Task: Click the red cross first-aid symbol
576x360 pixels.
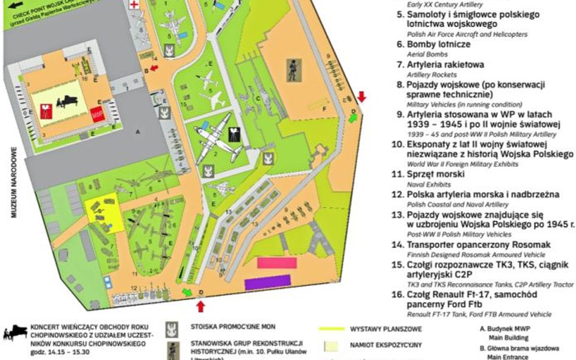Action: pyautogui.click(x=134, y=4)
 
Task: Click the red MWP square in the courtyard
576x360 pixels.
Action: pyautogui.click(x=96, y=114)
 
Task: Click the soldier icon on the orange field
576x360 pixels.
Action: pyautogui.click(x=293, y=70)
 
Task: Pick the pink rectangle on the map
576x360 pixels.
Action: pyautogui.click(x=277, y=263)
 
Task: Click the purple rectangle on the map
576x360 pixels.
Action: pyautogui.click(x=267, y=282)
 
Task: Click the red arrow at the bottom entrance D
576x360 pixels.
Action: pyautogui.click(x=201, y=306)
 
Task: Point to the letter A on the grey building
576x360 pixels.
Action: pyautogui.click(x=139, y=131)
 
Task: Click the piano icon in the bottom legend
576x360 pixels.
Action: pyautogui.click(x=15, y=333)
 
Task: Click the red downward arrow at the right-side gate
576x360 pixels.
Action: pyautogui.click(x=362, y=97)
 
